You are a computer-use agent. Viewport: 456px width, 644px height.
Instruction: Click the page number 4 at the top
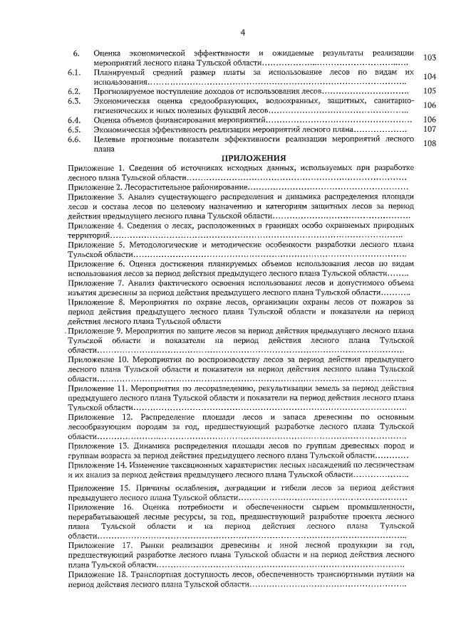(x=243, y=32)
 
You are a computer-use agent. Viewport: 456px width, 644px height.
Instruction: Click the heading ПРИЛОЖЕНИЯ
(x=254, y=157)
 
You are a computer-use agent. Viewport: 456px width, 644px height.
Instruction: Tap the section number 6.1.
(x=74, y=73)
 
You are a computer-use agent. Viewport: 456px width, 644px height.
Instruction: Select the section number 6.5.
(x=74, y=130)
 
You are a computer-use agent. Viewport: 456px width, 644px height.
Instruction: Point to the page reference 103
(x=429, y=58)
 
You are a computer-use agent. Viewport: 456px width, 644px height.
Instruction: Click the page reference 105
(x=429, y=91)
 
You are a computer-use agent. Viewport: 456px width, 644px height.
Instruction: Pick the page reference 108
(x=429, y=143)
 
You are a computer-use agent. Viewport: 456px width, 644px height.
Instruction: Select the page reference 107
(x=429, y=130)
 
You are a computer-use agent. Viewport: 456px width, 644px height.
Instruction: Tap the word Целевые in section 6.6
(x=109, y=140)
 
